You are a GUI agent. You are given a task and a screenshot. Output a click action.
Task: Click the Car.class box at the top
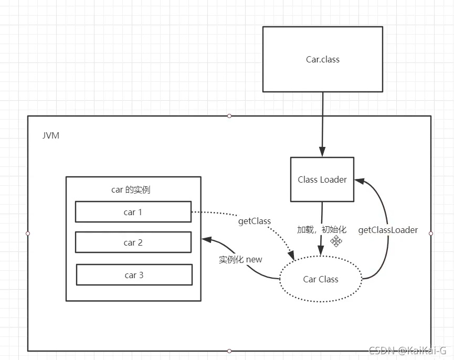tap(323, 59)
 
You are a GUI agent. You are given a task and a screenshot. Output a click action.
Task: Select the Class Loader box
tap(322, 179)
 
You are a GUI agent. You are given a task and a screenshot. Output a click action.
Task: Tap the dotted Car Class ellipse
tap(321, 279)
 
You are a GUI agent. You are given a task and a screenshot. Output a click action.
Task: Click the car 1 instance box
tap(133, 212)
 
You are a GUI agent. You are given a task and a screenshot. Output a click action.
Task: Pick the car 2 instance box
tap(133, 242)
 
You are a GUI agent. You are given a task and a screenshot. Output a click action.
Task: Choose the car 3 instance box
tap(134, 274)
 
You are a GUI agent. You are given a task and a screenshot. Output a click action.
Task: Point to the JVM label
tap(51, 135)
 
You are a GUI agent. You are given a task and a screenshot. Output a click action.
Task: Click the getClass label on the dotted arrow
tap(255, 221)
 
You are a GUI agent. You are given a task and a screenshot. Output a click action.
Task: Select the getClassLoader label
tap(388, 230)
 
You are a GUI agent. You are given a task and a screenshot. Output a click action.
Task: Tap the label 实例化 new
tap(240, 259)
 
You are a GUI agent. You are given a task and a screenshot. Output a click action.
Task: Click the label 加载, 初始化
tap(322, 229)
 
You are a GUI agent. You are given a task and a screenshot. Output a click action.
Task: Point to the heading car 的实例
tap(131, 190)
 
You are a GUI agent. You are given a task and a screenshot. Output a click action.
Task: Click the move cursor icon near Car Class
tap(336, 241)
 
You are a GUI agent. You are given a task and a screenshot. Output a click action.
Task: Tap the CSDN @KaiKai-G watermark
tap(408, 351)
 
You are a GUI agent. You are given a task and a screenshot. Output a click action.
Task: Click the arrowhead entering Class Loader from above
tap(322, 152)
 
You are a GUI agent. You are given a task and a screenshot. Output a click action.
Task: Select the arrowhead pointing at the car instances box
tap(206, 240)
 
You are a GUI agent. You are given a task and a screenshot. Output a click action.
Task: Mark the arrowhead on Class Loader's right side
tap(360, 181)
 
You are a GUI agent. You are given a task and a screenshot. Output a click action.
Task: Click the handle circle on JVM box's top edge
tap(229, 116)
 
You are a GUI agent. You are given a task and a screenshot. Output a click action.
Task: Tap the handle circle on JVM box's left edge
tap(28, 233)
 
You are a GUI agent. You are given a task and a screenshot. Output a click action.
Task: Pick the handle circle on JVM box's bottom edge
tap(229, 351)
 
